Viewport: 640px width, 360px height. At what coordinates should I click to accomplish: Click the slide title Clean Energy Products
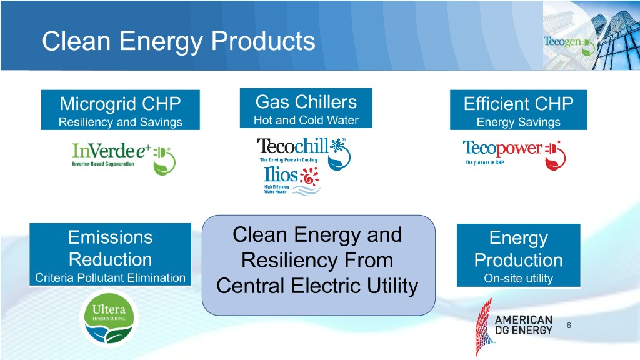[x=178, y=42]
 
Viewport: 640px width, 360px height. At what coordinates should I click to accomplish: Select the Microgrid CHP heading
[x=121, y=104]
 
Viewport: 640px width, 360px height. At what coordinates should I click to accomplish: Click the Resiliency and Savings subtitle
[x=121, y=122]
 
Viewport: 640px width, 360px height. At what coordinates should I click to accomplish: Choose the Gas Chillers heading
[x=306, y=102]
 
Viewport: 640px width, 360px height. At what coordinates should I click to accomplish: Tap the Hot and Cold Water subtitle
[x=306, y=120]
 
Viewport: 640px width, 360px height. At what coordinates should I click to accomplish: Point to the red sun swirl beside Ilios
[x=309, y=176]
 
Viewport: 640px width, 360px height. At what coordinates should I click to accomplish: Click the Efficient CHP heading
[x=518, y=104]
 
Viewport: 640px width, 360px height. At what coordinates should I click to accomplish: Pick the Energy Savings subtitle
[x=518, y=122]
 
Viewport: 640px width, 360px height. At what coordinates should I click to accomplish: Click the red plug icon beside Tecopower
[x=556, y=155]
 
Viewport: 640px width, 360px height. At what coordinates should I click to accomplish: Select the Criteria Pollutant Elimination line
[x=110, y=278]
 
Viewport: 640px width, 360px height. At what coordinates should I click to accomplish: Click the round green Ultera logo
[x=109, y=318]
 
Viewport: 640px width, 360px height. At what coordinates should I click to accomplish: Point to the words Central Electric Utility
[x=317, y=286]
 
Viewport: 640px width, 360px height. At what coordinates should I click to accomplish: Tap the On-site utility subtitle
[x=518, y=278]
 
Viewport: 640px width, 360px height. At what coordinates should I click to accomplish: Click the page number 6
[x=569, y=325]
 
